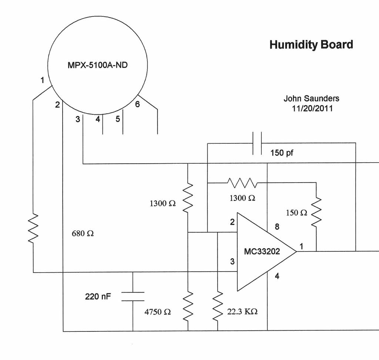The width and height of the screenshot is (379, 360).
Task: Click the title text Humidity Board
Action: point(311,44)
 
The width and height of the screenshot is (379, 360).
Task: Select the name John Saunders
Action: point(311,99)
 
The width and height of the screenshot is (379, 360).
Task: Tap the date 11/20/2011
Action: point(312,109)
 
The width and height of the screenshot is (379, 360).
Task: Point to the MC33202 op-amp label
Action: point(262,251)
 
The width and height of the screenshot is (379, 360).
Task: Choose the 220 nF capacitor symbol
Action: point(133,296)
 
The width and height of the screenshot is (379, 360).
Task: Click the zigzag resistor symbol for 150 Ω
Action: point(316,212)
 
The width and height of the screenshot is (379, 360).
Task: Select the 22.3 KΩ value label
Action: point(242,312)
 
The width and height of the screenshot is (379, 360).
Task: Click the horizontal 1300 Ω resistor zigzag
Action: point(242,183)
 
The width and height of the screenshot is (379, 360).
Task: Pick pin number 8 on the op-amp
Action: point(277,227)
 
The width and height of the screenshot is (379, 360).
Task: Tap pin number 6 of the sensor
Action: point(137,104)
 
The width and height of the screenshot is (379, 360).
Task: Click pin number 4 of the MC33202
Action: point(277,276)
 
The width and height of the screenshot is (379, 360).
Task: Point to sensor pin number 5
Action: point(118,119)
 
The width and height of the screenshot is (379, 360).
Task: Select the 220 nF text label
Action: point(98,296)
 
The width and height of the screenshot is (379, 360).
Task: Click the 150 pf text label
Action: point(281,153)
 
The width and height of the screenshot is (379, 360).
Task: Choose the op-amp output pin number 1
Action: point(301,246)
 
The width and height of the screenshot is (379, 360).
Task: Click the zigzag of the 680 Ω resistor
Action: point(33,228)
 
